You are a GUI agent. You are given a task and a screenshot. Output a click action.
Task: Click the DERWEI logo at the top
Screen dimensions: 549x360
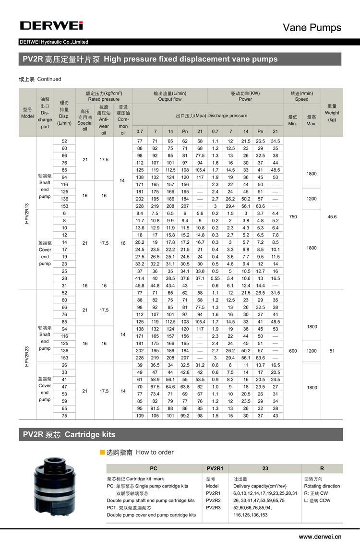[x=51, y=25]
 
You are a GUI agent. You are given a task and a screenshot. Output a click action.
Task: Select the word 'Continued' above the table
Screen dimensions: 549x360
[x=49, y=79]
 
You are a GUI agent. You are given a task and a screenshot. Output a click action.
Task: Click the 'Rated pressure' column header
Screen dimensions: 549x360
[x=104, y=99]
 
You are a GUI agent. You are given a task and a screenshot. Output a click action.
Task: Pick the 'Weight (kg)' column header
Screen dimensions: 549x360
[x=332, y=113]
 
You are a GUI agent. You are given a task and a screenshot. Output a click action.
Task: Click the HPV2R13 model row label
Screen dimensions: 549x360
[x=27, y=213]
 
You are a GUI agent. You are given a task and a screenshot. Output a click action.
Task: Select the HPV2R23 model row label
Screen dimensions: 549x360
[x=27, y=350]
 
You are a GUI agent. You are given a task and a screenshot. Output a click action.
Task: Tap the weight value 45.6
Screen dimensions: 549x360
[x=332, y=217]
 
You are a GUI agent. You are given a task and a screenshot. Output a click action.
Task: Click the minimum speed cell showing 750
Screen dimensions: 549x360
[x=293, y=217]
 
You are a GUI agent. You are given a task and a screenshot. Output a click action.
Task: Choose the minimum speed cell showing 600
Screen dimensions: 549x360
[x=293, y=351]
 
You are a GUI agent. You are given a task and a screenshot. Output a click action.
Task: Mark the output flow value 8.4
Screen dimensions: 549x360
[x=140, y=213]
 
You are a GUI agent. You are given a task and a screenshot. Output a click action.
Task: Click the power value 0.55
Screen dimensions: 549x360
[x=216, y=278]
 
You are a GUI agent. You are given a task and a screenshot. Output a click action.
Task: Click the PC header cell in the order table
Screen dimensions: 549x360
[x=154, y=468]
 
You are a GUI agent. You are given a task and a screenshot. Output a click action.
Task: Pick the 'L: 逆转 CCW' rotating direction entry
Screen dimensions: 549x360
[x=317, y=500]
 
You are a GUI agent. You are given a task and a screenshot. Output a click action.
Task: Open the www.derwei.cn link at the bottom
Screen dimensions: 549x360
[x=320, y=537]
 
